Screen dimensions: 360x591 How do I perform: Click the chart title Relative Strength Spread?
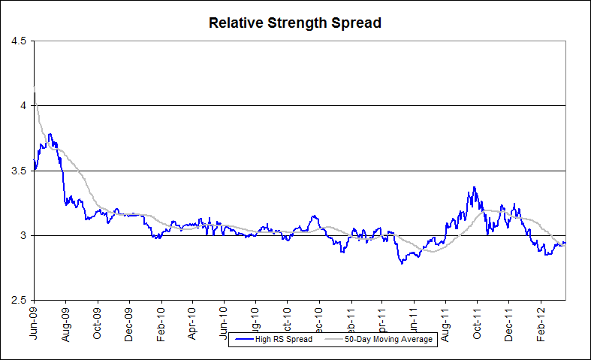(295, 23)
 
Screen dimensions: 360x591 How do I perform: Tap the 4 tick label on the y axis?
(23, 106)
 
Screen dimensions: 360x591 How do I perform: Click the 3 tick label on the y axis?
(23, 235)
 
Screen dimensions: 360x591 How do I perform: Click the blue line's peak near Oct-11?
(474, 187)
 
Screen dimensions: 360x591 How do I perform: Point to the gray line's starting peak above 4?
(35, 89)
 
